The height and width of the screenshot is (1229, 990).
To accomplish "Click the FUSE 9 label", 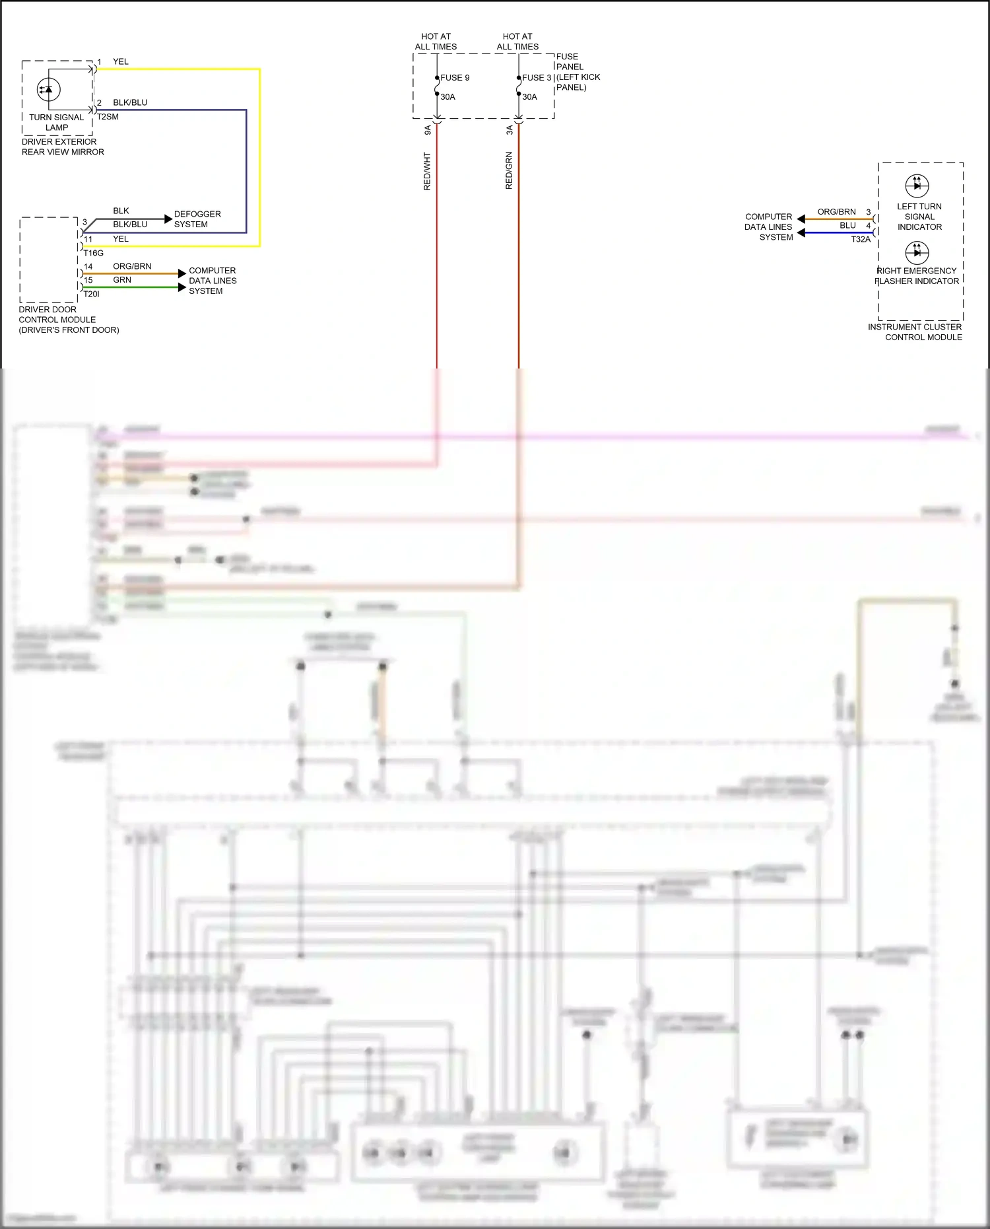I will [455, 78].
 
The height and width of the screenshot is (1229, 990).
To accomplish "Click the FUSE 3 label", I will [537, 78].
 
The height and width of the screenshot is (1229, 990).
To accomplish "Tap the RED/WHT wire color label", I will [427, 171].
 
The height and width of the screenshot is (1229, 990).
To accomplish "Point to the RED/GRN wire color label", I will [509, 171].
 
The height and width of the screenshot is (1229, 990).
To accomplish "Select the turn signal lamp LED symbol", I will [48, 89].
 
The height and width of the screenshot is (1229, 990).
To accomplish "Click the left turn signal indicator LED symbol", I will [917, 186].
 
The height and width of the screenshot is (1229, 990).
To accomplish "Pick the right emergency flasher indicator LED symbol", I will [917, 252].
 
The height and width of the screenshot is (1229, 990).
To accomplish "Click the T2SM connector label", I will [108, 117].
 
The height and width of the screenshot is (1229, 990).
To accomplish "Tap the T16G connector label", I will [93, 253].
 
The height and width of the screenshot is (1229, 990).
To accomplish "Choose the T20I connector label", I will [91, 294].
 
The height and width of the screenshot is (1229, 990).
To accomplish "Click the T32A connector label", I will [861, 240].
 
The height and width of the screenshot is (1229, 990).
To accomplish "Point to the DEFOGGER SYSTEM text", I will [197, 219].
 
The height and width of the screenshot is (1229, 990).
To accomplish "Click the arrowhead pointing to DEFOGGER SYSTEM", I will [168, 219].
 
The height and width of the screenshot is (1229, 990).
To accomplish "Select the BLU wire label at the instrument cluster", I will [847, 225].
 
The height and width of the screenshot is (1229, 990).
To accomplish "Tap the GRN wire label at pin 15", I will [122, 280].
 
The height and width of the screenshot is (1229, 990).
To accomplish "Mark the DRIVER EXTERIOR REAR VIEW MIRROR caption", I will [63, 147].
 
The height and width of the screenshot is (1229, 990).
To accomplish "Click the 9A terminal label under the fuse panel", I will [428, 130].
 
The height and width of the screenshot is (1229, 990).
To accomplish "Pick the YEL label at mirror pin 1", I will [121, 61].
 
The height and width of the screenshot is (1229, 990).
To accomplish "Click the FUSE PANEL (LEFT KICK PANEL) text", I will [577, 72].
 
